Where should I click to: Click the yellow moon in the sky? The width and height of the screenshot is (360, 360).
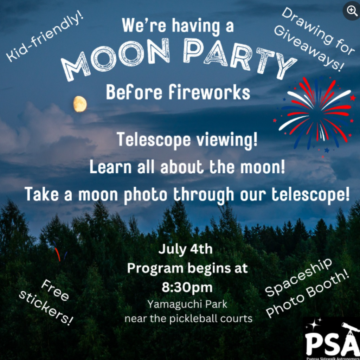point(80,104)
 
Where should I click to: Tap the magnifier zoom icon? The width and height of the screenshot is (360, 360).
point(351,11)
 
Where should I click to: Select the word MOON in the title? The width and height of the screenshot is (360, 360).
point(115,57)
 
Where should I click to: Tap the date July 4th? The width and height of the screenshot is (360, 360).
point(186,250)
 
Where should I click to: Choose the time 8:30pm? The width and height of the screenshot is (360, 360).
point(187,288)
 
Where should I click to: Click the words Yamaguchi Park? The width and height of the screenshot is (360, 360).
point(187,305)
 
